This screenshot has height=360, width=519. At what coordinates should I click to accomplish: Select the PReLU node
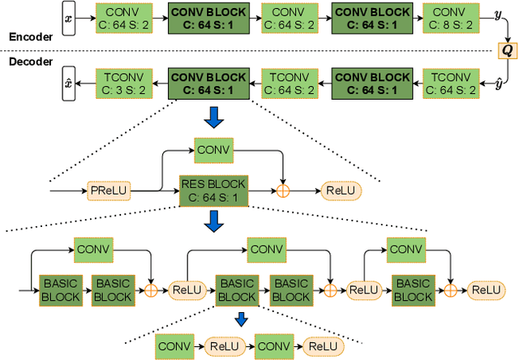click(x=108, y=191)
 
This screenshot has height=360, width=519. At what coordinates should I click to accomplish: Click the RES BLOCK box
click(x=213, y=191)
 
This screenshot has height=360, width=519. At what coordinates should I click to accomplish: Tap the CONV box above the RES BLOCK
click(x=213, y=150)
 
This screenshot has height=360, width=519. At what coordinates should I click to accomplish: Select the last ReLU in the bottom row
click(x=487, y=289)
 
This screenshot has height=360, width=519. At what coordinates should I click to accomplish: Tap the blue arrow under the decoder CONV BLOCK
click(x=213, y=118)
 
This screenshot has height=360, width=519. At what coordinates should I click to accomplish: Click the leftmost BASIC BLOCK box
click(x=61, y=289)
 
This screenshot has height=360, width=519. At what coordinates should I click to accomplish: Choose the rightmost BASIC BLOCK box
click(x=412, y=289)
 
